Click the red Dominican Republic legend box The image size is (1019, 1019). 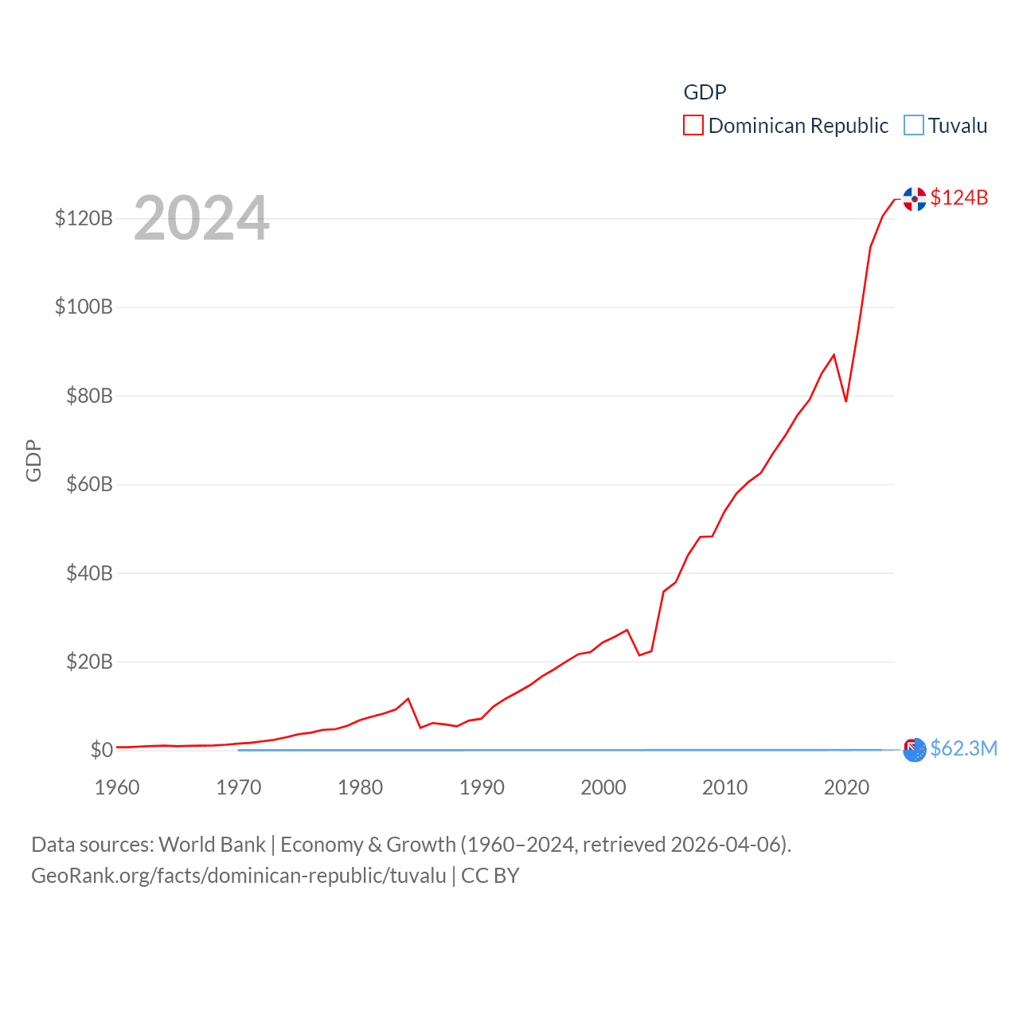pyautogui.click(x=693, y=126)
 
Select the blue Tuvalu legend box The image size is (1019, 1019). pyautogui.click(x=914, y=126)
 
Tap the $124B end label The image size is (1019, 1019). pyautogui.click(x=958, y=197)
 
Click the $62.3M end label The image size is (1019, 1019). pyautogui.click(x=963, y=748)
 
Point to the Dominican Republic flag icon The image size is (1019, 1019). pyautogui.click(x=915, y=199)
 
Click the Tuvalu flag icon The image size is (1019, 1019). pyautogui.click(x=915, y=750)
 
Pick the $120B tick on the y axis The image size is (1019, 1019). pyautogui.click(x=84, y=218)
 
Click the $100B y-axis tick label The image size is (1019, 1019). pyautogui.click(x=84, y=306)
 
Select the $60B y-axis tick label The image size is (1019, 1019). pyautogui.click(x=89, y=484)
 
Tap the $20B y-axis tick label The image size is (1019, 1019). pyautogui.click(x=89, y=662)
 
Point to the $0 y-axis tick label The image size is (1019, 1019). pyautogui.click(x=101, y=750)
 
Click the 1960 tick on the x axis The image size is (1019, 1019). pyautogui.click(x=117, y=787)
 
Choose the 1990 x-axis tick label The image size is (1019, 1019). pyautogui.click(x=482, y=787)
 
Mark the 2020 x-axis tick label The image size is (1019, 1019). pyautogui.click(x=846, y=787)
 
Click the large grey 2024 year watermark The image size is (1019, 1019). pyautogui.click(x=201, y=217)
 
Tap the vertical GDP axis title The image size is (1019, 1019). pyautogui.click(x=33, y=460)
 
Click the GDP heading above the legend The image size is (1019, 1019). pyautogui.click(x=705, y=92)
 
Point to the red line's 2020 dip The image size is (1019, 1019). pyautogui.click(x=846, y=400)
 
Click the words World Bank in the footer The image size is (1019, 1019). pyautogui.click(x=212, y=845)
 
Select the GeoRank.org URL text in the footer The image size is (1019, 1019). pyautogui.click(x=239, y=876)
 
